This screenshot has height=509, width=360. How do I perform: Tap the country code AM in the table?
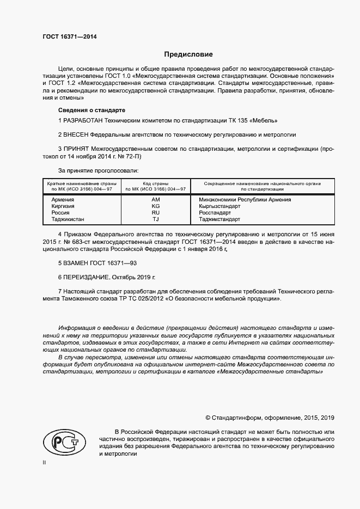pos(155,200)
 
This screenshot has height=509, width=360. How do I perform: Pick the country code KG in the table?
pos(155,206)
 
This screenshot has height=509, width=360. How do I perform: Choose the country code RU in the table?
pos(155,213)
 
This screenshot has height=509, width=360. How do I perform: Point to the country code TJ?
pos(155,219)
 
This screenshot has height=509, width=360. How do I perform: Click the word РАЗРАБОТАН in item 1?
pos(83,119)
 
